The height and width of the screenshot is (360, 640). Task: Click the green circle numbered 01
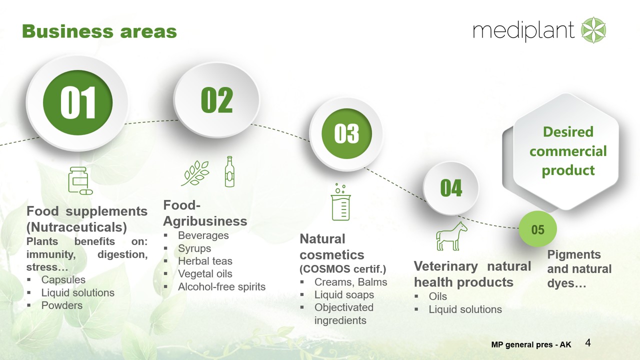click(x=77, y=102)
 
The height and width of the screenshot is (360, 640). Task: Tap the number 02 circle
click(x=216, y=99)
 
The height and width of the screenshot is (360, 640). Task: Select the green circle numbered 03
click(x=346, y=133)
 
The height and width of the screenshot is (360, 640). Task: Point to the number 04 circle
click(x=451, y=188)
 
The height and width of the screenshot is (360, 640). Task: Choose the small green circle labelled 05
click(x=537, y=229)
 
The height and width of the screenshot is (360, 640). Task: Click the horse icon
click(x=451, y=236)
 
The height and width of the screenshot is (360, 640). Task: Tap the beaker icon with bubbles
click(x=341, y=201)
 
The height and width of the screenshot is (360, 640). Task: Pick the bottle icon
click(x=229, y=171)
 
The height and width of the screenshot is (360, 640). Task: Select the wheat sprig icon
click(x=195, y=173)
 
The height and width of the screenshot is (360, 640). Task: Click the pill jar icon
click(x=80, y=180)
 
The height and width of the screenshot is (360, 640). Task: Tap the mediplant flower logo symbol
click(x=593, y=30)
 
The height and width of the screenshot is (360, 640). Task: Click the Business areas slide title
click(x=99, y=31)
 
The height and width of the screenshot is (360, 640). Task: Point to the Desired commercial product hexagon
click(x=565, y=151)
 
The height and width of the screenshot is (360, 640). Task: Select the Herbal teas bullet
click(x=205, y=261)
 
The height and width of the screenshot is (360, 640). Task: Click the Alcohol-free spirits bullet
click(x=221, y=286)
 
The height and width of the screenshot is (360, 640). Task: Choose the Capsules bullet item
click(x=63, y=279)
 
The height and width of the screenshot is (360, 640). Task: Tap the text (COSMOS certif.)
click(x=343, y=269)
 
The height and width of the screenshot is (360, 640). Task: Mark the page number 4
click(x=588, y=342)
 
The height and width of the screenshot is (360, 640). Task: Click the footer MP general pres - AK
click(x=531, y=344)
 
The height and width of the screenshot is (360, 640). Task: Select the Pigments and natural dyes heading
click(x=579, y=269)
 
